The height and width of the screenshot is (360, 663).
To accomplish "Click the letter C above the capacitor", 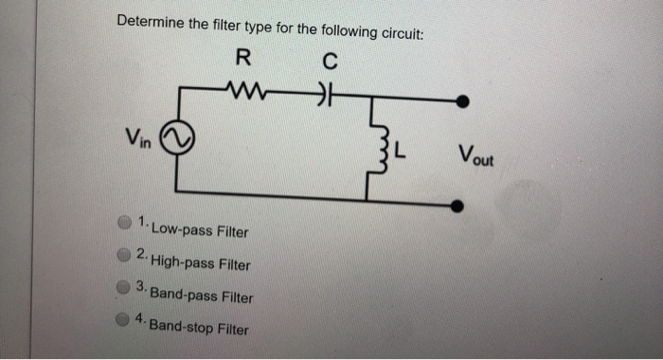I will pyautogui.click(x=329, y=62).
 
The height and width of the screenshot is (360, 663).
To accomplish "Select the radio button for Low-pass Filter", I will pyautogui.click(x=124, y=224).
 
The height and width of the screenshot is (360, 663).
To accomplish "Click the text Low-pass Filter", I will pyautogui.click(x=200, y=230).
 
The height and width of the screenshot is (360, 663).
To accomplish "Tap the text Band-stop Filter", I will pyautogui.click(x=199, y=328).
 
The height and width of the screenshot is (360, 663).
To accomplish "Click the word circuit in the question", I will pyautogui.click(x=399, y=33).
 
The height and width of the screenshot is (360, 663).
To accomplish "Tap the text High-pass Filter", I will pyautogui.click(x=200, y=264).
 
